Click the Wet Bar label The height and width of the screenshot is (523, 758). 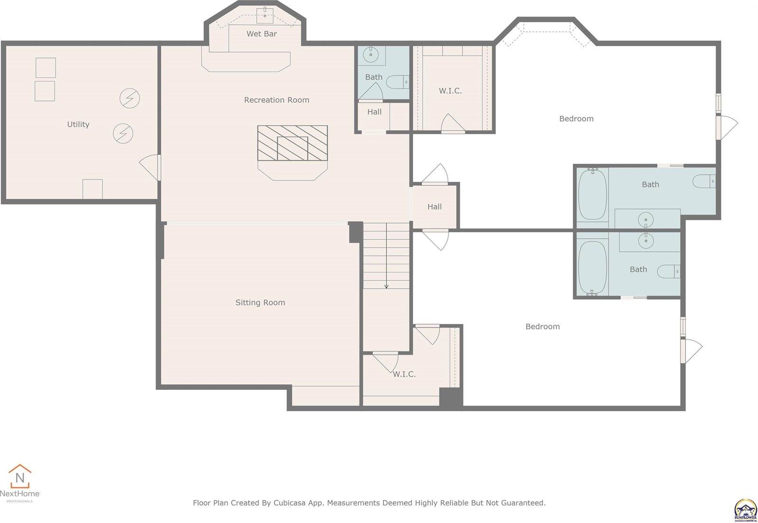click(261, 34)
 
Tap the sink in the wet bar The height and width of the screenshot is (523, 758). click(265, 15)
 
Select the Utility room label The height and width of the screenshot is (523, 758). click(78, 125)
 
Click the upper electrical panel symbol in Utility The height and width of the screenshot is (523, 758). click(129, 99)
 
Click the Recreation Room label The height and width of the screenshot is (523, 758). click(276, 100)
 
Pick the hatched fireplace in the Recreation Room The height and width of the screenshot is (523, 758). click(292, 143)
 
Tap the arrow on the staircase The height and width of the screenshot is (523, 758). click(386, 286)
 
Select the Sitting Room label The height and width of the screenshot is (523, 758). click(260, 303)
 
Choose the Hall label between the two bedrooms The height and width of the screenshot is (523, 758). click(434, 207)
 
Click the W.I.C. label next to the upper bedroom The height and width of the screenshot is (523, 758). click(450, 90)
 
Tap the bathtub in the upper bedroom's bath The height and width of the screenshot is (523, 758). click(592, 194)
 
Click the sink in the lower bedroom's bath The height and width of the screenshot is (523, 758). click(645, 241)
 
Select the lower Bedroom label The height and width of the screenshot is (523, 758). click(542, 326)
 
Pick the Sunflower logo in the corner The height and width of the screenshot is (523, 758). click(745, 510)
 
